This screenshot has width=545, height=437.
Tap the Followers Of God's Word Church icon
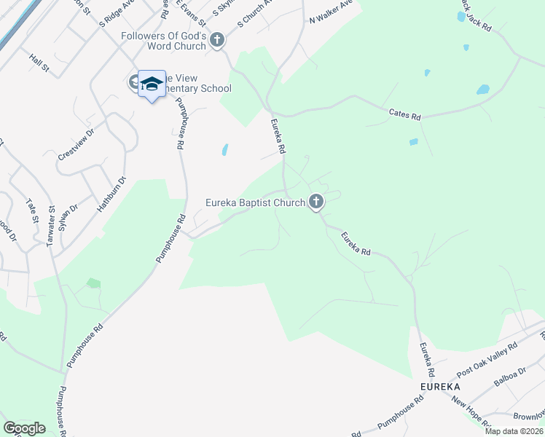(x=216, y=40)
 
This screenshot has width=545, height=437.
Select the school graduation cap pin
(x=152, y=85)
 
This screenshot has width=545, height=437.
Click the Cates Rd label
(x=406, y=114)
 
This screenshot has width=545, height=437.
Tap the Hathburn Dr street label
(x=112, y=194)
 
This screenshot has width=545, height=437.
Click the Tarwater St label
(x=51, y=227)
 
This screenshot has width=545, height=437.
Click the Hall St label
(x=39, y=63)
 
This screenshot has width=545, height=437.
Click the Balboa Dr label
(x=509, y=382)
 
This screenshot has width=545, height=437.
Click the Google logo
(x=24, y=428)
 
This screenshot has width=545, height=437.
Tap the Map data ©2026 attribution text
(x=514, y=432)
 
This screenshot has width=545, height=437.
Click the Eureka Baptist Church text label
(x=255, y=202)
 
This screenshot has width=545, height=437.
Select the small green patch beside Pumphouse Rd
(x=93, y=283)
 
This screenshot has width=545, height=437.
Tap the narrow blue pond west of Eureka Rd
(x=224, y=150)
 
